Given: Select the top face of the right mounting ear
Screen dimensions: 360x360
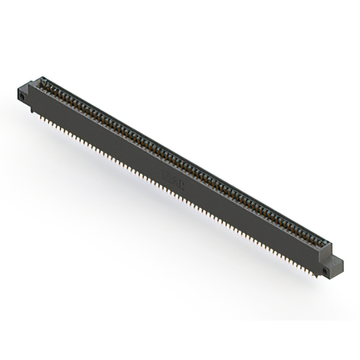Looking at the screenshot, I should pos(336,260).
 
